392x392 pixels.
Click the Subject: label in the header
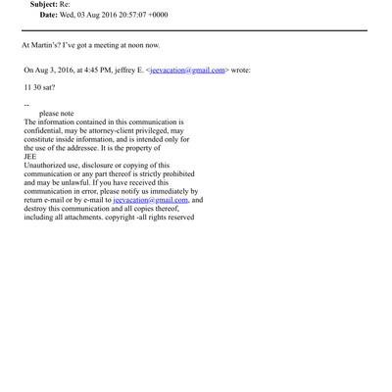click(44, 5)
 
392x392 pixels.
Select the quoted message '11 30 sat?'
click(38, 87)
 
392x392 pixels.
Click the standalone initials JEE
click(30, 157)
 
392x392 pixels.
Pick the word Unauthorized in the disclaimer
click(48, 166)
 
